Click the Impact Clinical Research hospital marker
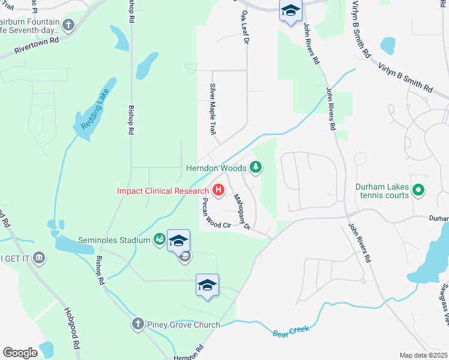tap(219, 191)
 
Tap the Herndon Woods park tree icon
tap(256, 167)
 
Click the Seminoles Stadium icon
tap(159, 240)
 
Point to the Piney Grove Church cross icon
tap(137, 325)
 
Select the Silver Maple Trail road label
tap(212, 109)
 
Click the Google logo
tap(20, 353)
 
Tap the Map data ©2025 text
tap(423, 355)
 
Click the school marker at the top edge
tap(291, 11)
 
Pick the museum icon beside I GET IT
tap(39, 257)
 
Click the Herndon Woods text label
tap(215, 168)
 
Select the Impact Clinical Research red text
tap(163, 191)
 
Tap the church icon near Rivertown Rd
tap(68, 25)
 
